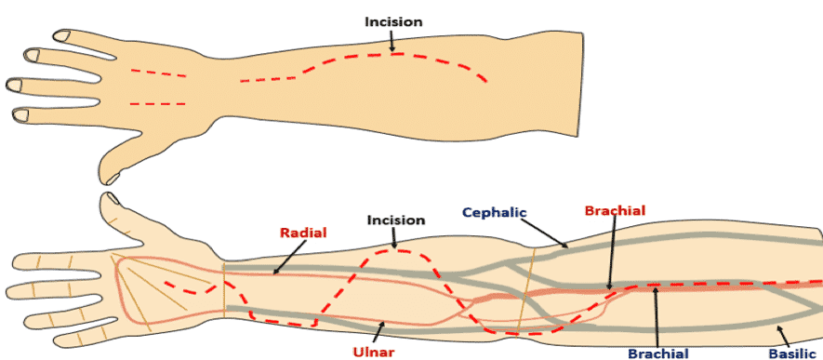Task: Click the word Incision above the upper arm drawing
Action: (x=393, y=22)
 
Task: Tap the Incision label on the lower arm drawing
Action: (x=396, y=220)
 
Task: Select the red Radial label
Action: (x=303, y=233)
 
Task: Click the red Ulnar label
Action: (x=373, y=351)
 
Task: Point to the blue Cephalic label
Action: (x=494, y=212)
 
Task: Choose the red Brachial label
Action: (x=615, y=210)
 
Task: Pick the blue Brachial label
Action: (x=658, y=353)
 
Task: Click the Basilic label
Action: (x=793, y=353)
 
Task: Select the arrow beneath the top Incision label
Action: (x=392, y=40)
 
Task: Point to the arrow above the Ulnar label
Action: (x=380, y=331)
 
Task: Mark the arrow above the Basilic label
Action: (x=783, y=336)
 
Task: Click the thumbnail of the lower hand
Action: (x=113, y=198)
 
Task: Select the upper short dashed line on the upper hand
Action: (x=158, y=73)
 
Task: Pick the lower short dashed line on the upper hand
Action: (x=157, y=104)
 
